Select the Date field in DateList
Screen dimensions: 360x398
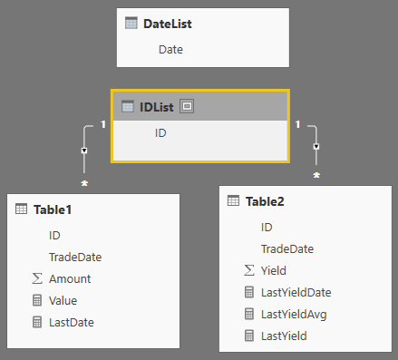click(170, 49)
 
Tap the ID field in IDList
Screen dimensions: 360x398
click(160, 132)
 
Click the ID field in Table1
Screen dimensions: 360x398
click(54, 235)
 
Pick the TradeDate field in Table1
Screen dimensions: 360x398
click(74, 257)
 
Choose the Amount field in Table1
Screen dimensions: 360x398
click(70, 278)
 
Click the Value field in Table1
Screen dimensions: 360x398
click(64, 300)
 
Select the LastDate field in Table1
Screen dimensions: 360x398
click(71, 322)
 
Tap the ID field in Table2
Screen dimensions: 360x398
click(267, 227)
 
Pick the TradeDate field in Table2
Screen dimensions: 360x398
click(286, 248)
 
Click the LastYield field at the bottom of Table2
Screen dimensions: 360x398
click(284, 336)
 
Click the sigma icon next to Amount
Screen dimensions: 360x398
click(36, 278)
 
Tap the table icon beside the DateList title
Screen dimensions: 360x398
click(131, 24)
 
